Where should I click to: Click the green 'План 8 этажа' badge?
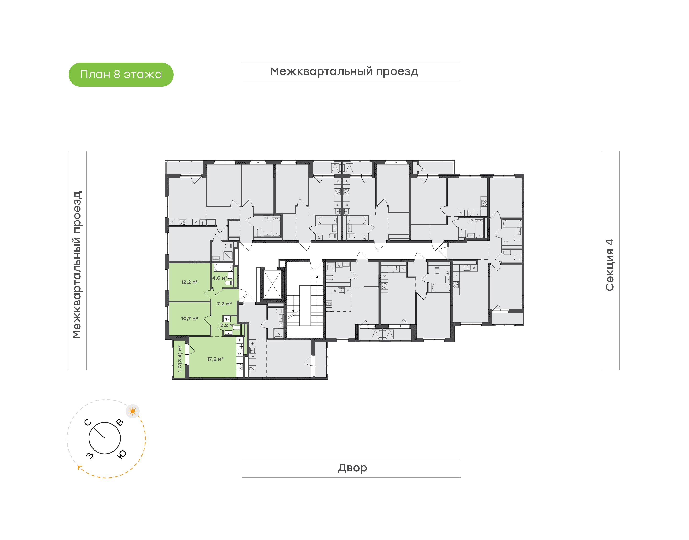tap(121, 75)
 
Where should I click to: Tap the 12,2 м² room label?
tap(189, 282)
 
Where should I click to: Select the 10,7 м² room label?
tap(189, 318)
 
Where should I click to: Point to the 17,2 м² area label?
tap(215, 359)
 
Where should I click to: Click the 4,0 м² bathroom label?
tap(220, 278)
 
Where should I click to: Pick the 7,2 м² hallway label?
tap(224, 303)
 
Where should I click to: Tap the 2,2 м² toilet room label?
tap(228, 325)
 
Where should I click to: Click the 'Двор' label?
tap(352, 468)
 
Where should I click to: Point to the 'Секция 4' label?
tap(609, 265)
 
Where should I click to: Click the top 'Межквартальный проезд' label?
tap(344, 71)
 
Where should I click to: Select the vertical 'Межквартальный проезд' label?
tap(77, 265)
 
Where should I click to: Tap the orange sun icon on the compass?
tap(133, 411)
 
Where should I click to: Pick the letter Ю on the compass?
tap(122, 454)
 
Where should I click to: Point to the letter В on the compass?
tap(120, 422)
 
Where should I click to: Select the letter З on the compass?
tap(90, 455)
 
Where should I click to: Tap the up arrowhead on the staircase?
tap(317, 277)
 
